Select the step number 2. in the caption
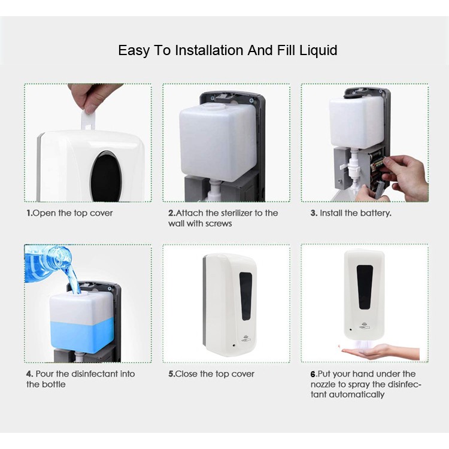[x=172, y=213]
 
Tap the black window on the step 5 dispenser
[x=245, y=296]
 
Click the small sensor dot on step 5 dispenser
[x=234, y=345]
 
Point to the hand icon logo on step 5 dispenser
[x=246, y=338]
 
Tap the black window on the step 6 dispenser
[x=365, y=287]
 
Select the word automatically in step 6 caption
[x=357, y=395]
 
